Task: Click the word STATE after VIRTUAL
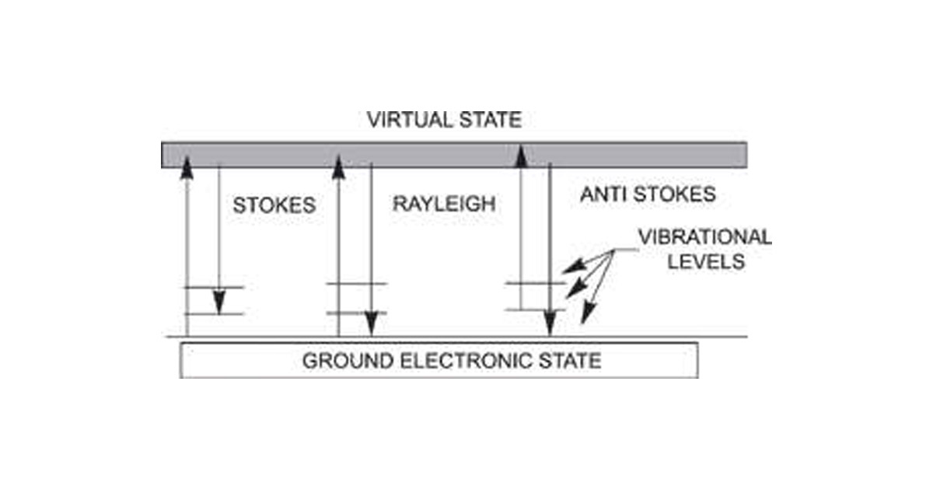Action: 493,121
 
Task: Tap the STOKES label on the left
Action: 274,205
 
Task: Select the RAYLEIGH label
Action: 443,205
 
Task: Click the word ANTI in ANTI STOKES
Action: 603,194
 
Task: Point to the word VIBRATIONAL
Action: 704,236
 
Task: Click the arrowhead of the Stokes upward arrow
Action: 186,166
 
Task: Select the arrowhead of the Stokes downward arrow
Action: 219,303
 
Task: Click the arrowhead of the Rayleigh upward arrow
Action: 338,166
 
